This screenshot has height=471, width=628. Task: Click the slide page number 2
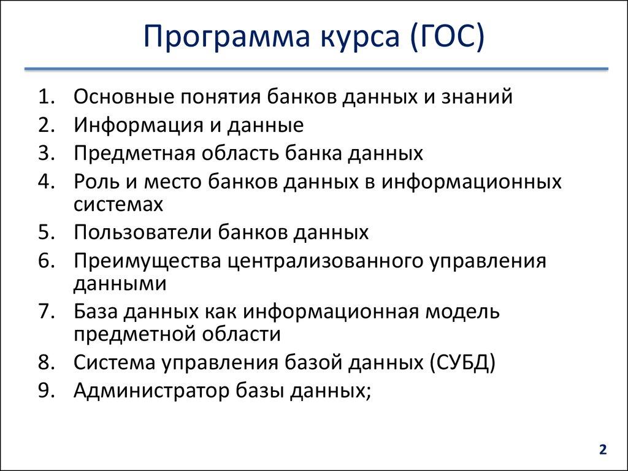pyautogui.click(x=603, y=450)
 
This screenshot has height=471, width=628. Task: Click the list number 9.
pyautogui.click(x=47, y=391)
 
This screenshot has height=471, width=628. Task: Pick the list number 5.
pyautogui.click(x=47, y=232)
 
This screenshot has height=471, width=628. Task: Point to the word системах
pyautogui.click(x=118, y=204)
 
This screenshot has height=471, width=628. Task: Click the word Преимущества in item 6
pyautogui.click(x=147, y=261)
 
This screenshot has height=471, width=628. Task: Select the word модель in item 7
pyautogui.click(x=465, y=312)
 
